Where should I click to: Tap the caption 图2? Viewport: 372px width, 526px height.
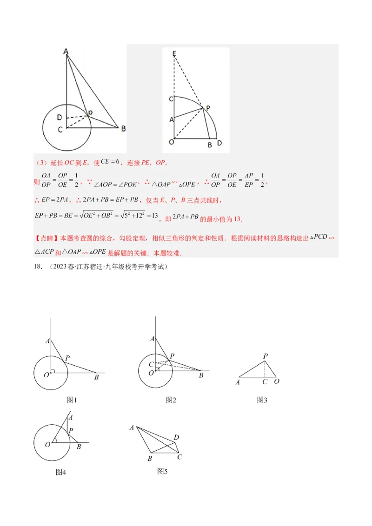click(x=171, y=400)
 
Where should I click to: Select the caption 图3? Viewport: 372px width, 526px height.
click(x=262, y=400)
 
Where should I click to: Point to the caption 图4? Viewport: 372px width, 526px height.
click(x=61, y=472)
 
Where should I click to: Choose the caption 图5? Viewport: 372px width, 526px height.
click(x=162, y=471)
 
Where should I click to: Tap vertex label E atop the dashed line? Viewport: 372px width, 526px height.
click(x=174, y=54)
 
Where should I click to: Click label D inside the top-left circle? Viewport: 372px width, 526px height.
click(x=60, y=117)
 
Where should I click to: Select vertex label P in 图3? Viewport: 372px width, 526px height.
click(x=266, y=356)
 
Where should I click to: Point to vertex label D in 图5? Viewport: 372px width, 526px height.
click(x=176, y=437)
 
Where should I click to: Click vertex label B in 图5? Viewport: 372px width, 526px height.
click(x=150, y=459)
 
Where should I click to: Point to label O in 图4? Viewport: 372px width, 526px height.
click(x=47, y=445)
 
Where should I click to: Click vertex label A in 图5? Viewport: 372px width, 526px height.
click(x=132, y=427)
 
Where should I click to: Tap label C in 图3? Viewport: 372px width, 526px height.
click(x=265, y=382)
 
